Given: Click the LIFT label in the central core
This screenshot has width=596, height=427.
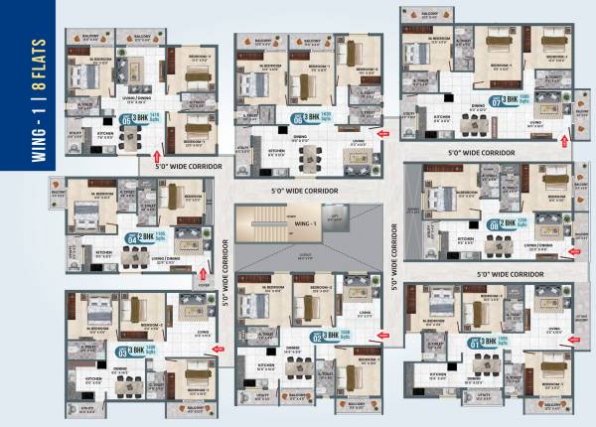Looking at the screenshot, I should point(336,213).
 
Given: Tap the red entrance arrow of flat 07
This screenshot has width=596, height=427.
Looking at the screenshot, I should point(564,143).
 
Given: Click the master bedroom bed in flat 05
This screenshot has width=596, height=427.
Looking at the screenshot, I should point(90,83).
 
